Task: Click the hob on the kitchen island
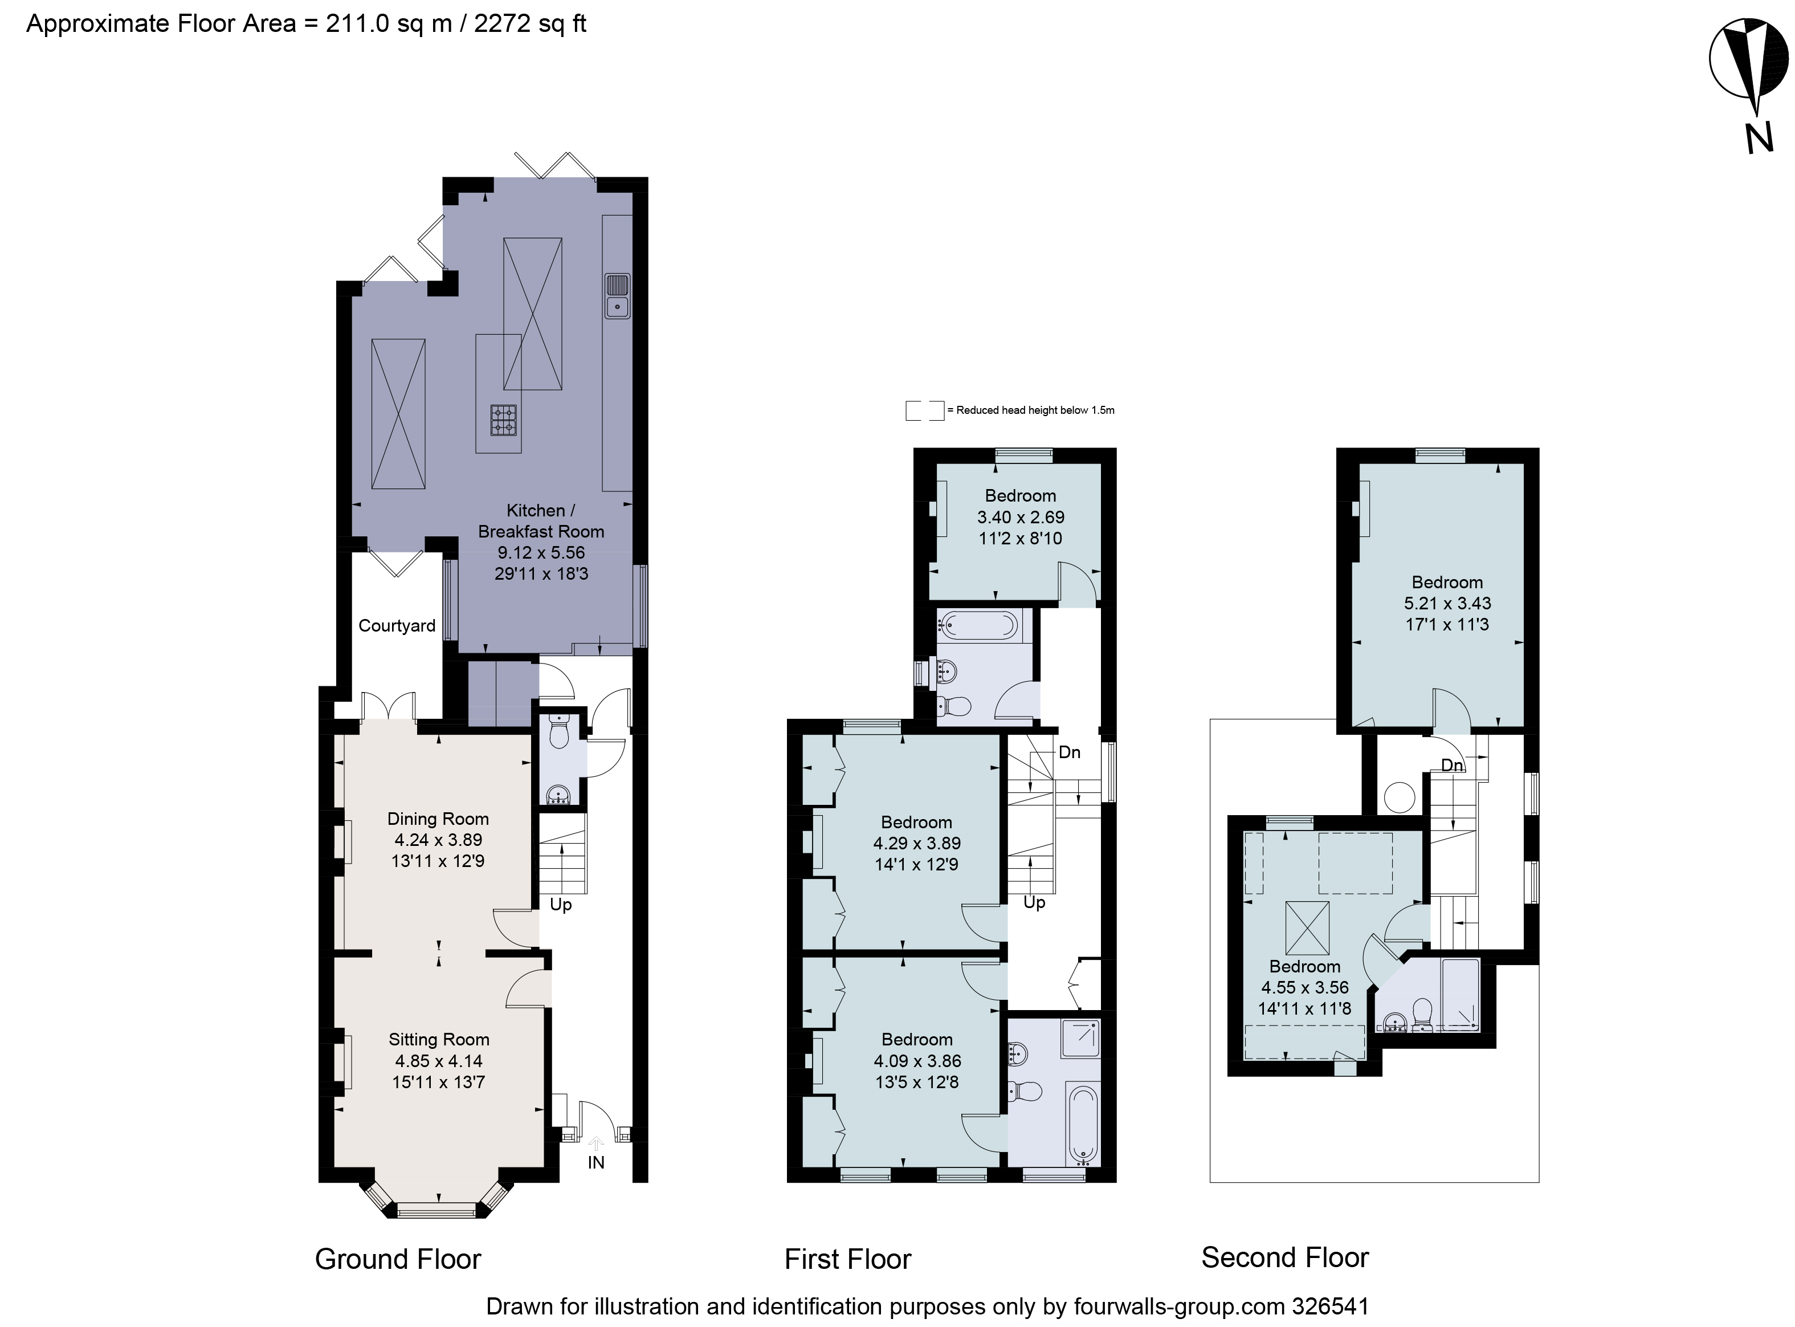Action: point(504,420)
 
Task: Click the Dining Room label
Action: point(438,819)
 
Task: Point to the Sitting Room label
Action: point(439,1040)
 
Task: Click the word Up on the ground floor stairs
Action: point(561,905)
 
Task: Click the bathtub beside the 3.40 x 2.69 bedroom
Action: point(979,624)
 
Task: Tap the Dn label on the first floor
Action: point(1069,752)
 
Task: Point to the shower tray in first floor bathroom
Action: point(1080,1039)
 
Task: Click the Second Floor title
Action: point(1284,1257)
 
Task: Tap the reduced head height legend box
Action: point(924,410)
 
